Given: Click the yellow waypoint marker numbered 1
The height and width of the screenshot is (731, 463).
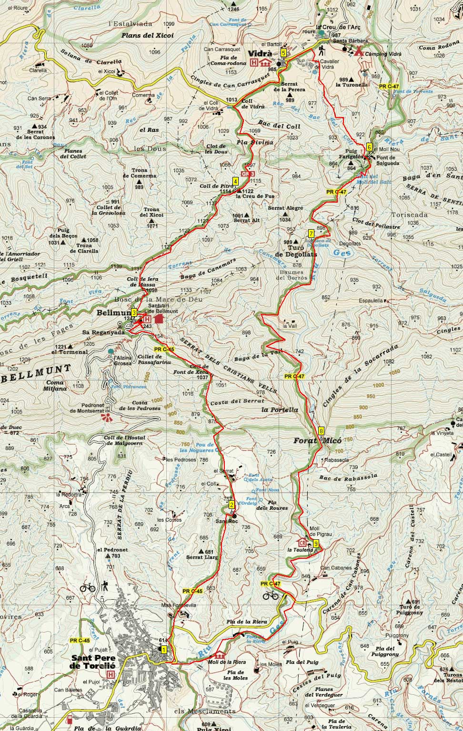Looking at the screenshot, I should (164, 650).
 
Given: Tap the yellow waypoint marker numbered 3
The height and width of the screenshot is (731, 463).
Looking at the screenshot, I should (134, 312).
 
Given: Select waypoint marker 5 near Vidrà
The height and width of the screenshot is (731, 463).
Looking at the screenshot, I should (283, 53).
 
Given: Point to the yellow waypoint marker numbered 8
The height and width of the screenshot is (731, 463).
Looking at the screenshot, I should (322, 431).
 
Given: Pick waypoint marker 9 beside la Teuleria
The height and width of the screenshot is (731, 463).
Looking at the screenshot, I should (315, 544).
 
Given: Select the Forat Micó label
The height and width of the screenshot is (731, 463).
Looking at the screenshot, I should (317, 441).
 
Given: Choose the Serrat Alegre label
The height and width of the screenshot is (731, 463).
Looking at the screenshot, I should (285, 208).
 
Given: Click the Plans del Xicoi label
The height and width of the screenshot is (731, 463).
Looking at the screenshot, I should (147, 35).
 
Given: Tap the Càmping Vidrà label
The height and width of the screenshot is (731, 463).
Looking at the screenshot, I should (382, 54).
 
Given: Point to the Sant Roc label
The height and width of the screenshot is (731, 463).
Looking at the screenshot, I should (227, 521).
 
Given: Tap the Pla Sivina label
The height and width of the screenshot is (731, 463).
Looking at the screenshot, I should (255, 142).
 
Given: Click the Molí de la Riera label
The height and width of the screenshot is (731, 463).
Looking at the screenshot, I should (227, 662).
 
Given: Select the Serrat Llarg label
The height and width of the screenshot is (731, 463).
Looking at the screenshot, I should (202, 556).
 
